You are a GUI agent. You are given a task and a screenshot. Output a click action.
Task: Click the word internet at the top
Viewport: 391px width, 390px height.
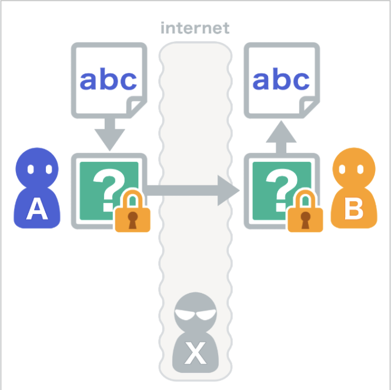pos(195,28)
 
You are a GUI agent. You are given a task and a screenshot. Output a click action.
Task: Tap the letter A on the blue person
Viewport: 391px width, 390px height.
pos(37,208)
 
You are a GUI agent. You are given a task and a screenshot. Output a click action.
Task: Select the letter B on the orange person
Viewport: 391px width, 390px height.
pos(353,208)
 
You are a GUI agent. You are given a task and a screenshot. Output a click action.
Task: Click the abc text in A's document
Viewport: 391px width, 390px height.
pos(108,80)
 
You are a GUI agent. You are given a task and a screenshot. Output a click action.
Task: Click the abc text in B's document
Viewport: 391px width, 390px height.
pos(281,80)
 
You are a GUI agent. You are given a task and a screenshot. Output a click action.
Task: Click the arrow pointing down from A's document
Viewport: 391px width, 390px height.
pos(109,135)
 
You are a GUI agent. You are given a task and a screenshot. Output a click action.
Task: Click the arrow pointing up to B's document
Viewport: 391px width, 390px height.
pos(281,136)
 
